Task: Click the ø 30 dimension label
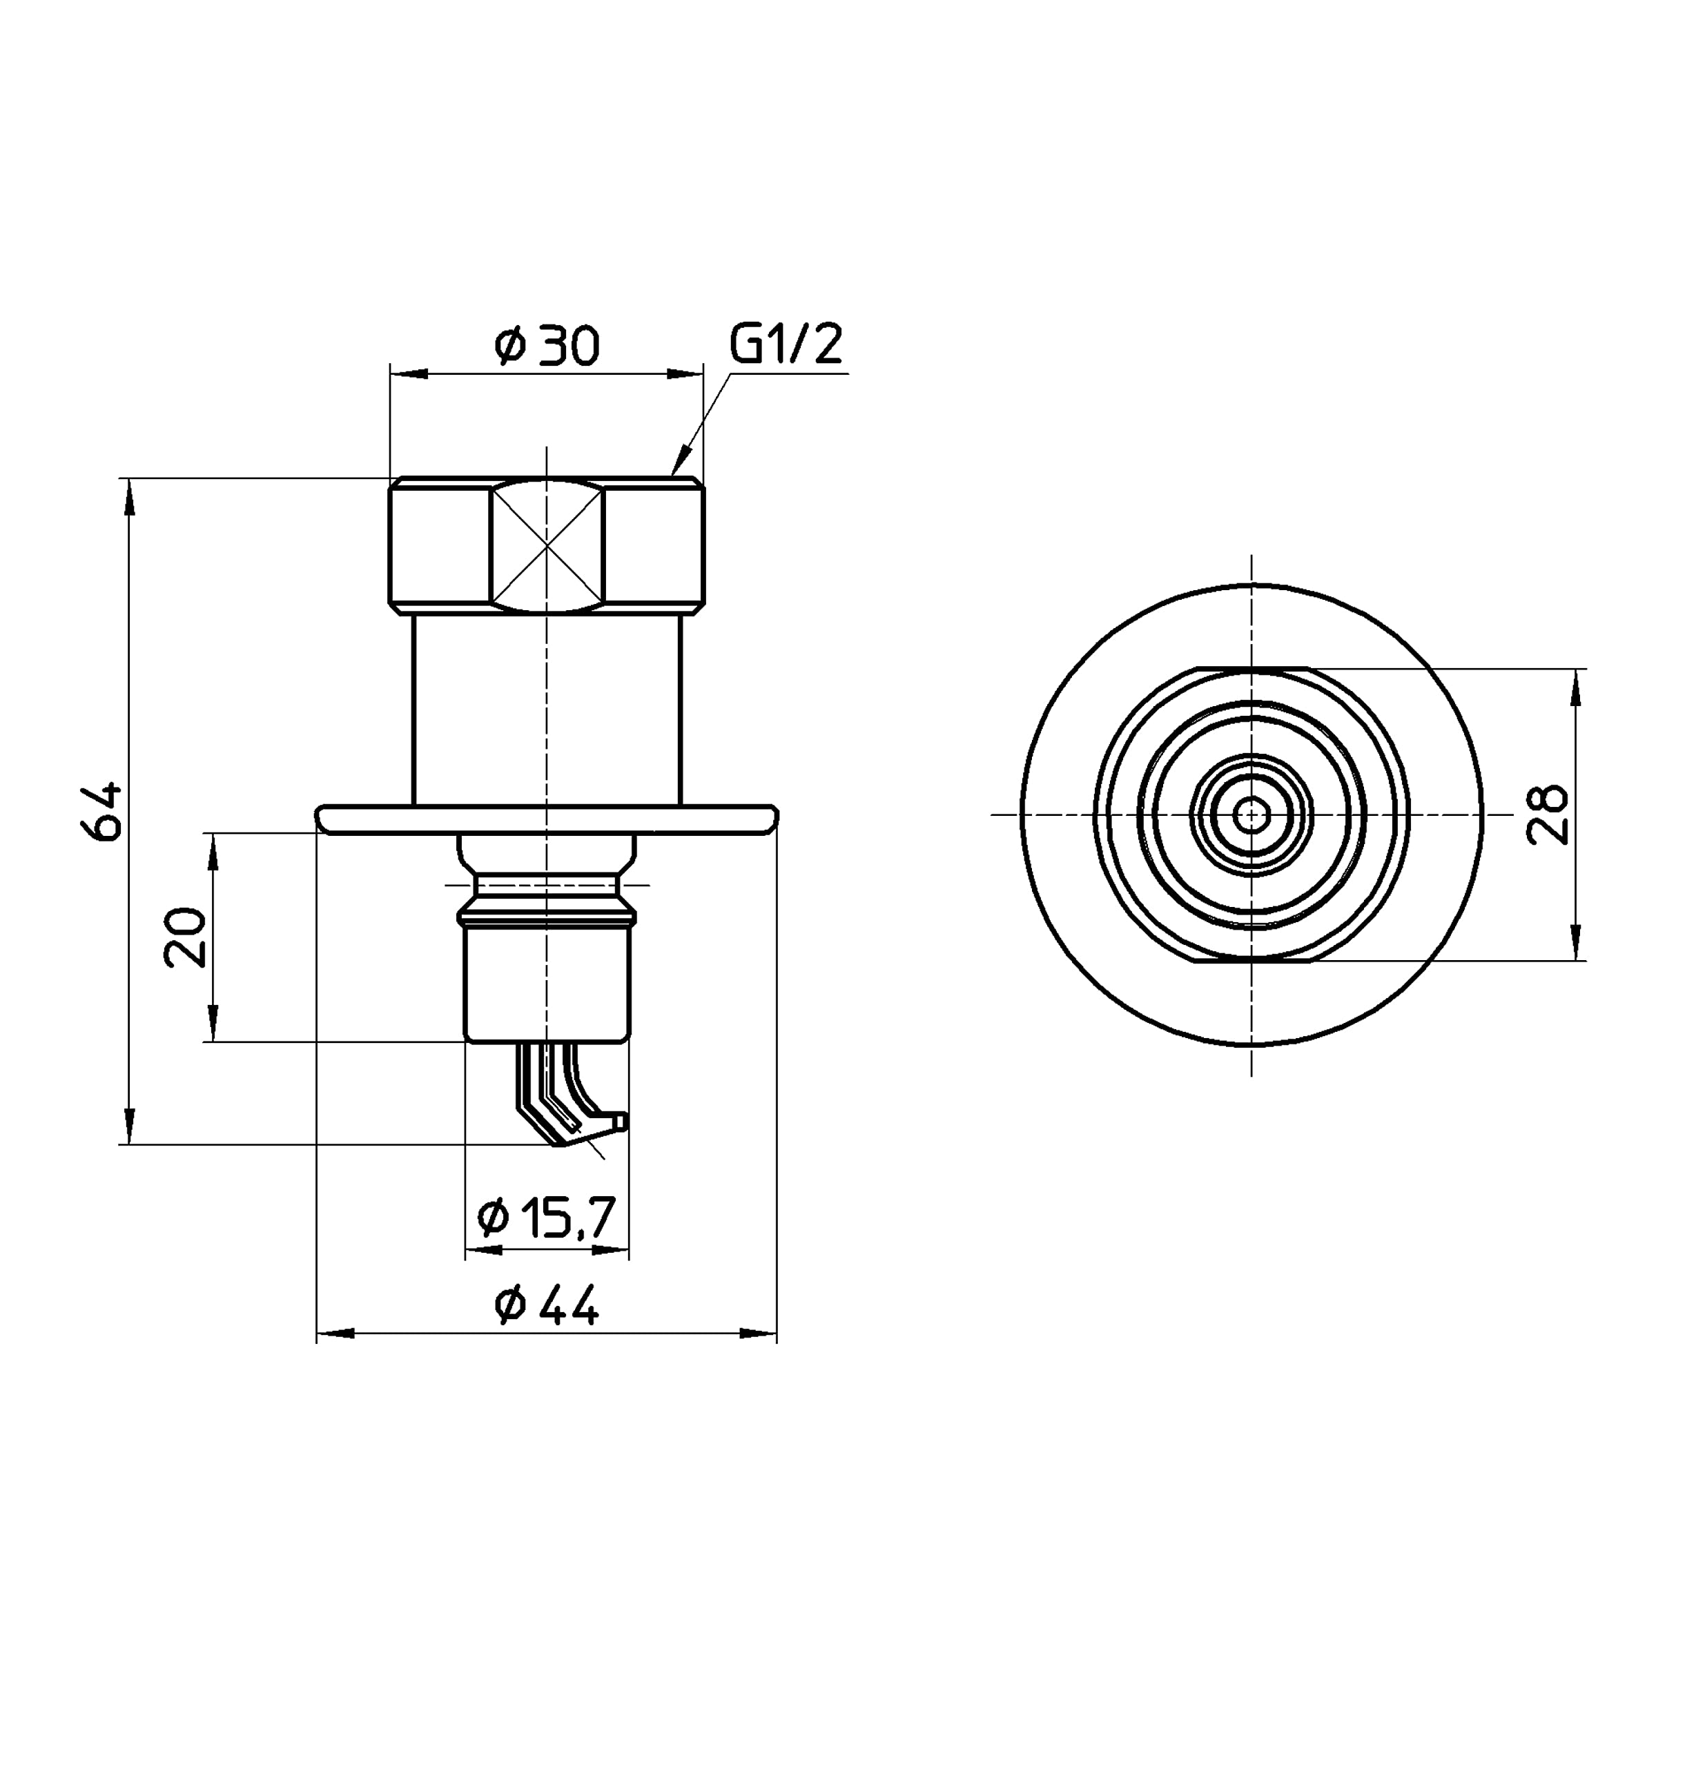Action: [x=547, y=346]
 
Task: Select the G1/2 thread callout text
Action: [x=786, y=344]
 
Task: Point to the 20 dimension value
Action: [x=186, y=937]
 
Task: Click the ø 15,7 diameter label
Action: [x=547, y=1218]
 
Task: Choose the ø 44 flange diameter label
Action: [x=547, y=1305]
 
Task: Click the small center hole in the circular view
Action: [x=1251, y=816]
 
